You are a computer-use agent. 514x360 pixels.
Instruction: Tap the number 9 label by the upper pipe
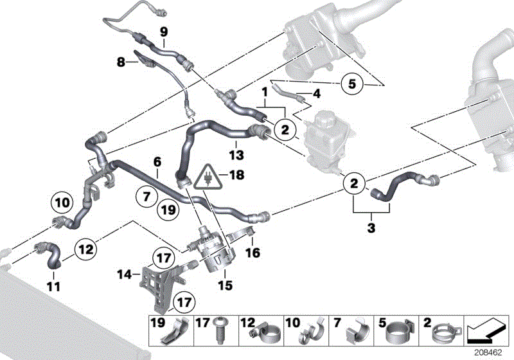(163, 31)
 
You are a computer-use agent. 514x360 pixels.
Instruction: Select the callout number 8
(120, 63)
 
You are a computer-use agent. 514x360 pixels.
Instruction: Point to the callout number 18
(238, 174)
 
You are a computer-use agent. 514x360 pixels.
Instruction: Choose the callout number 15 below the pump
(226, 283)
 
